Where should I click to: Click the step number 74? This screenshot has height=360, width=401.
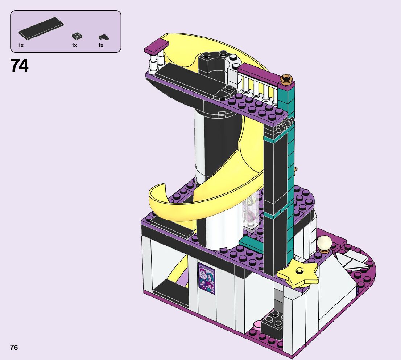point(20,66)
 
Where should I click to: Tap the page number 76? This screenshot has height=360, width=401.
point(14,347)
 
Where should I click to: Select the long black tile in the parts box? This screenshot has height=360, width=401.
point(41,28)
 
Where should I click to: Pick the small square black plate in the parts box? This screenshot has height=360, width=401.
point(77,36)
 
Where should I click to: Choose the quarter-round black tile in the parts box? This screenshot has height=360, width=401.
point(104,37)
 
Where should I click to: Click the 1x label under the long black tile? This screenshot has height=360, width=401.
point(21,45)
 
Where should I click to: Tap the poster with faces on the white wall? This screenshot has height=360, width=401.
point(207,278)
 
